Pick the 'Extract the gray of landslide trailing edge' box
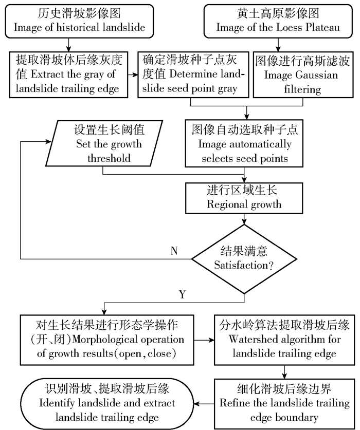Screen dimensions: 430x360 coord(68,74)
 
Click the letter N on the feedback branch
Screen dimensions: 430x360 coord(174,250)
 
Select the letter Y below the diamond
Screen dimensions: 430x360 coord(182,295)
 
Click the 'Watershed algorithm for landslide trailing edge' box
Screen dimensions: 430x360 coord(284,340)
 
